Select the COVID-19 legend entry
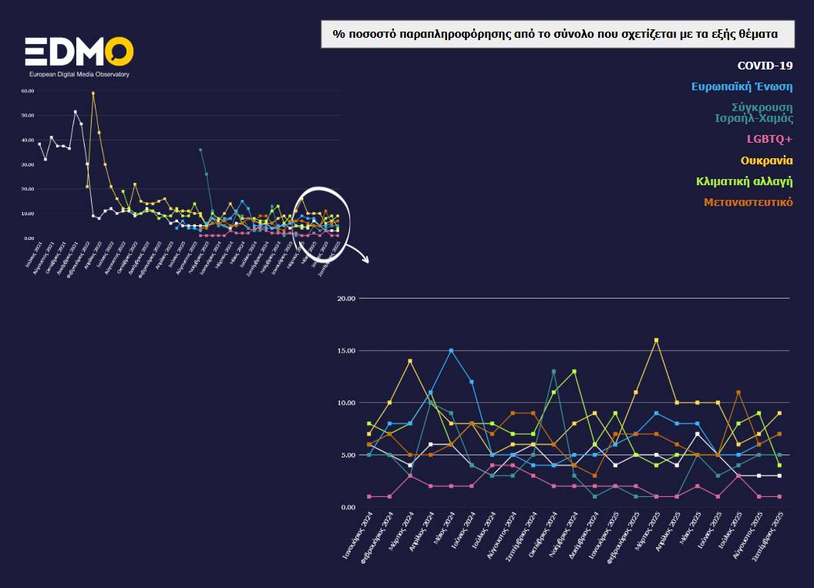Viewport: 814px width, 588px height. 765,66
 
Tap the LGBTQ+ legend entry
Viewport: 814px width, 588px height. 769,139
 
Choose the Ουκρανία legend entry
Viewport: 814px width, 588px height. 766,161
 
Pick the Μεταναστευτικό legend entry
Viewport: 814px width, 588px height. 748,202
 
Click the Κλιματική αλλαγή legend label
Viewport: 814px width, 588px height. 744,181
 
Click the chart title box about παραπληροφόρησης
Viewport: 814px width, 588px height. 557,35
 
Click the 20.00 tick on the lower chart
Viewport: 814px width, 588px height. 347,298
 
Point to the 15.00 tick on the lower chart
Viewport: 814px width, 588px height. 347,350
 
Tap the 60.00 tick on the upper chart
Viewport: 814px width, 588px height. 29,91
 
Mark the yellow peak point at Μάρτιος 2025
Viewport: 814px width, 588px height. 656,340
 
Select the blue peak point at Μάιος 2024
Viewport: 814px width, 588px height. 451,350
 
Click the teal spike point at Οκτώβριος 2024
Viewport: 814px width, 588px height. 553,371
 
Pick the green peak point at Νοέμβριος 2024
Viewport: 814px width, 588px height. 574,371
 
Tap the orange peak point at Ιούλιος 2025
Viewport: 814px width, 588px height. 738,392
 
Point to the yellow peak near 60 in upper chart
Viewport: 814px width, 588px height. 93,93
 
